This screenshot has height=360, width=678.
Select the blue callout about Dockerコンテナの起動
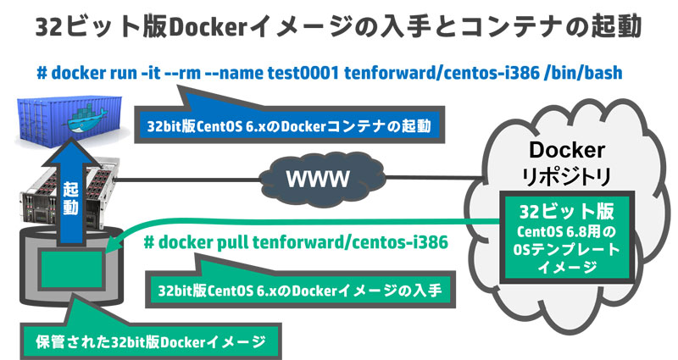point(288,126)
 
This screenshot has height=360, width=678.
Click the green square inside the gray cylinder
point(71,273)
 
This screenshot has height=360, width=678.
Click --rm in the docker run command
point(186,73)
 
